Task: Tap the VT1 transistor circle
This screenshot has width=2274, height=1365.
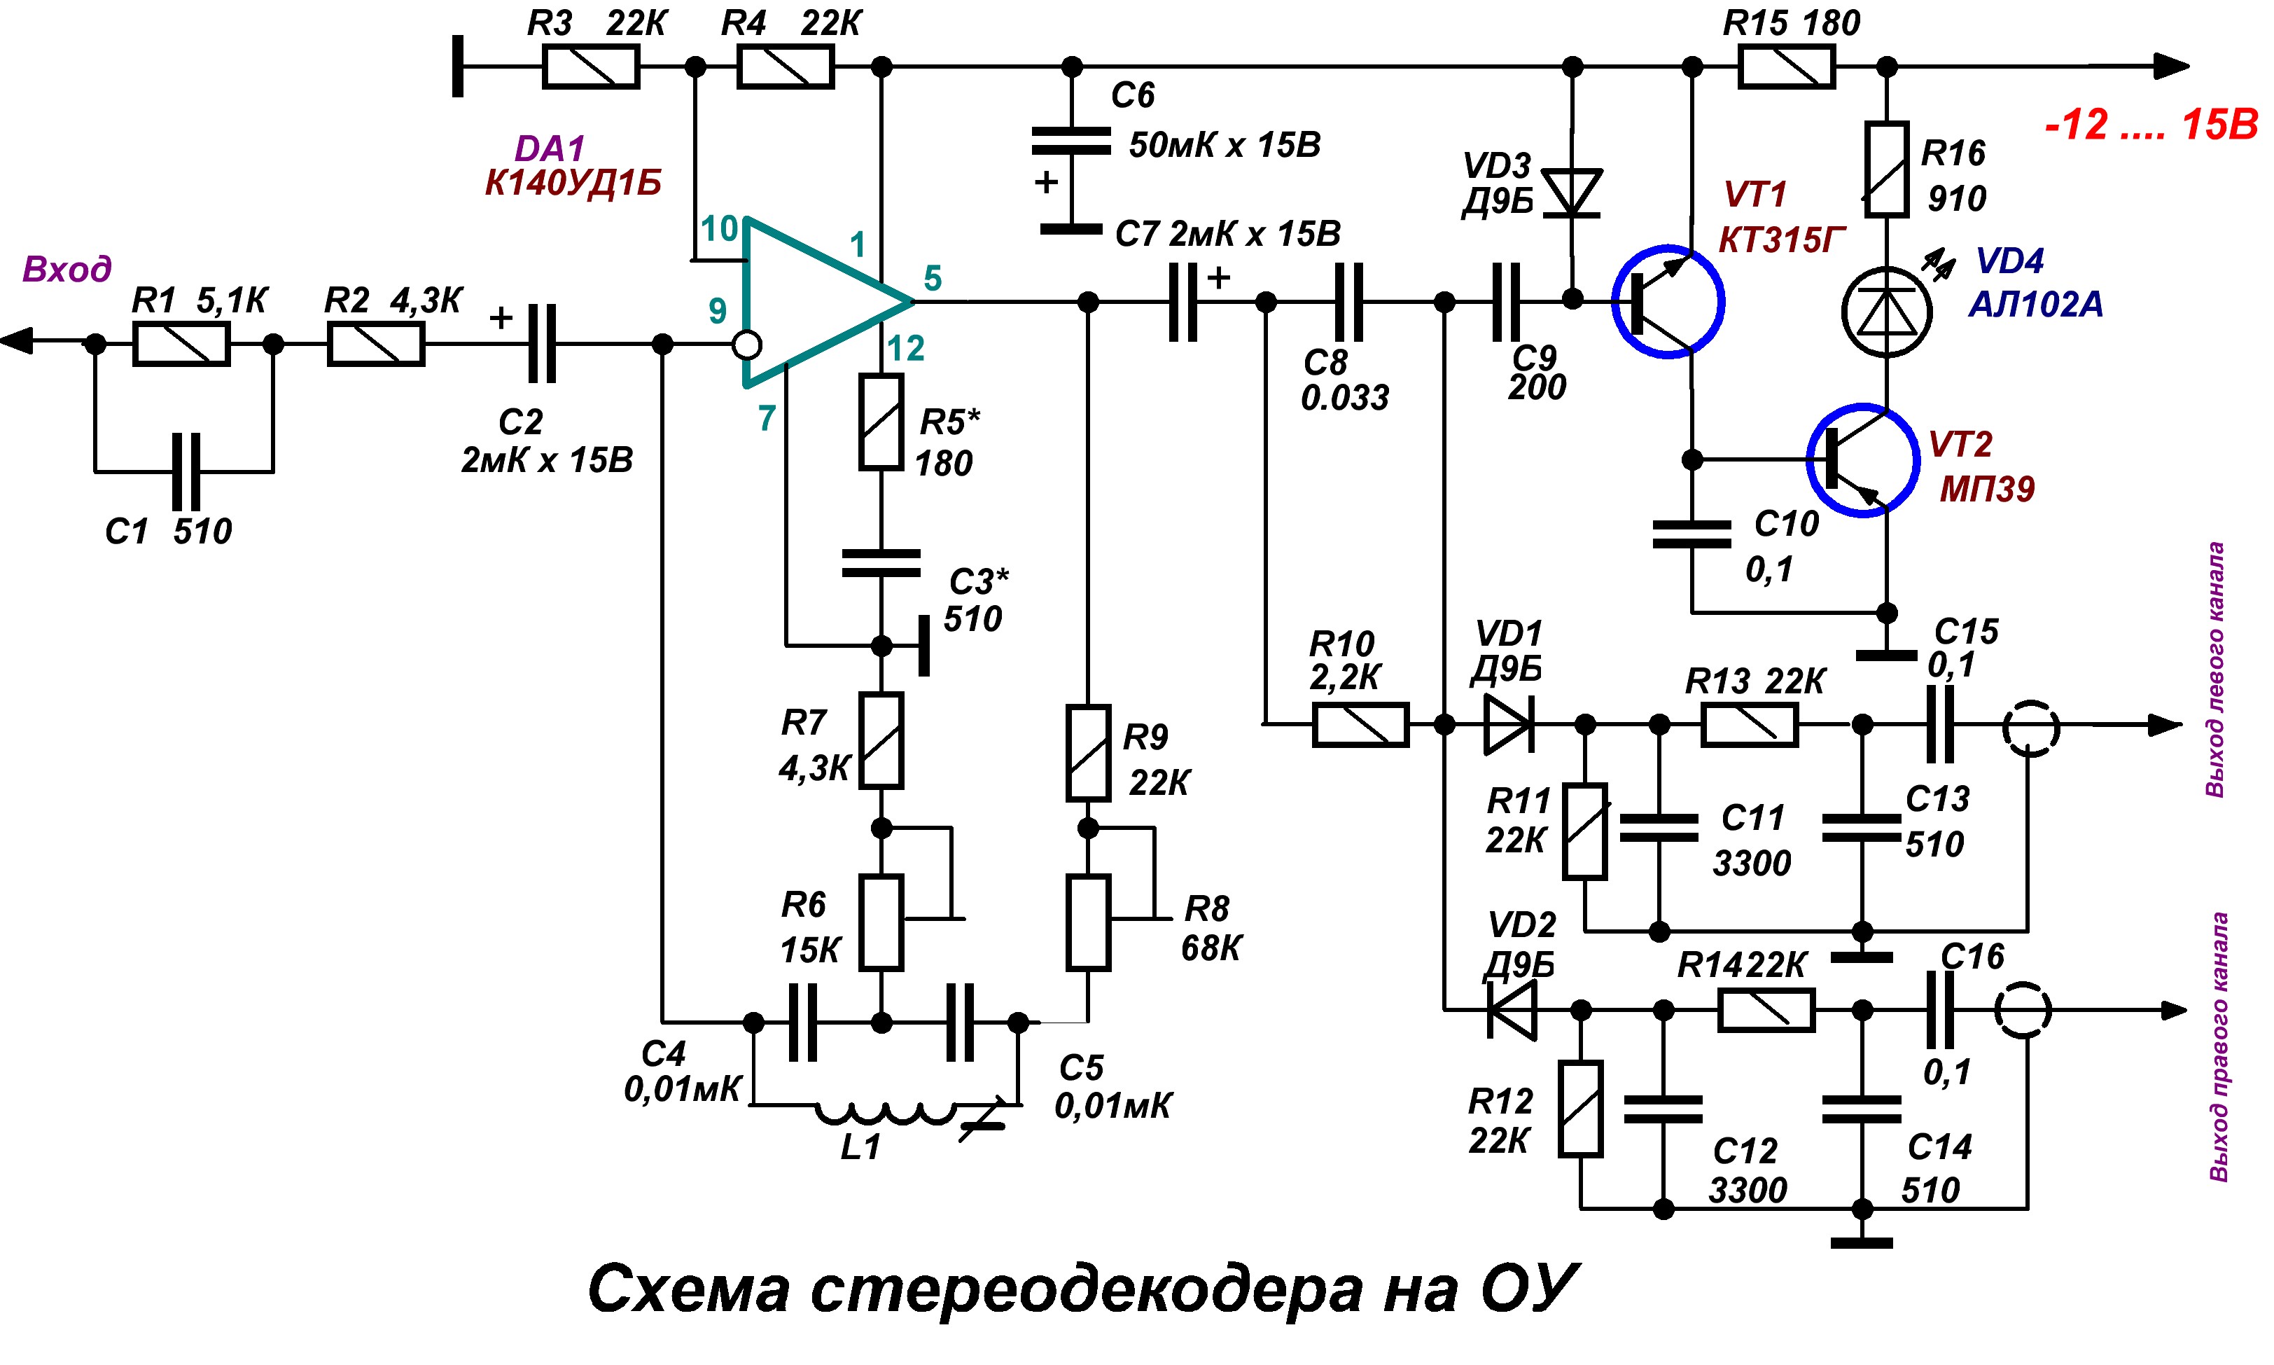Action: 1667,302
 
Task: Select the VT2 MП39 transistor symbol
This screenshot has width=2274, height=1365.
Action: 1862,460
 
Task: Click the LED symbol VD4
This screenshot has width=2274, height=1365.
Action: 1886,312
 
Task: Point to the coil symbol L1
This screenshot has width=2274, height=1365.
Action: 884,1113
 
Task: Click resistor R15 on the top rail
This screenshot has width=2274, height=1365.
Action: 1786,67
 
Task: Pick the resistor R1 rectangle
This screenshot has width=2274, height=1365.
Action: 181,345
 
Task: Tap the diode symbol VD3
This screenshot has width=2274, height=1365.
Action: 1572,193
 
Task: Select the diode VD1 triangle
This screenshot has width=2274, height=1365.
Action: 1508,725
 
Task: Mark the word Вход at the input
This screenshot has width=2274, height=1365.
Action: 67,270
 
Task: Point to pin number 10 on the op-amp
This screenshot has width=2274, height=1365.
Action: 719,228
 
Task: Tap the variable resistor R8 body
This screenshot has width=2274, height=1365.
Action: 1088,922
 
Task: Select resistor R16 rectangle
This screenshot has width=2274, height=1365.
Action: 1886,170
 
